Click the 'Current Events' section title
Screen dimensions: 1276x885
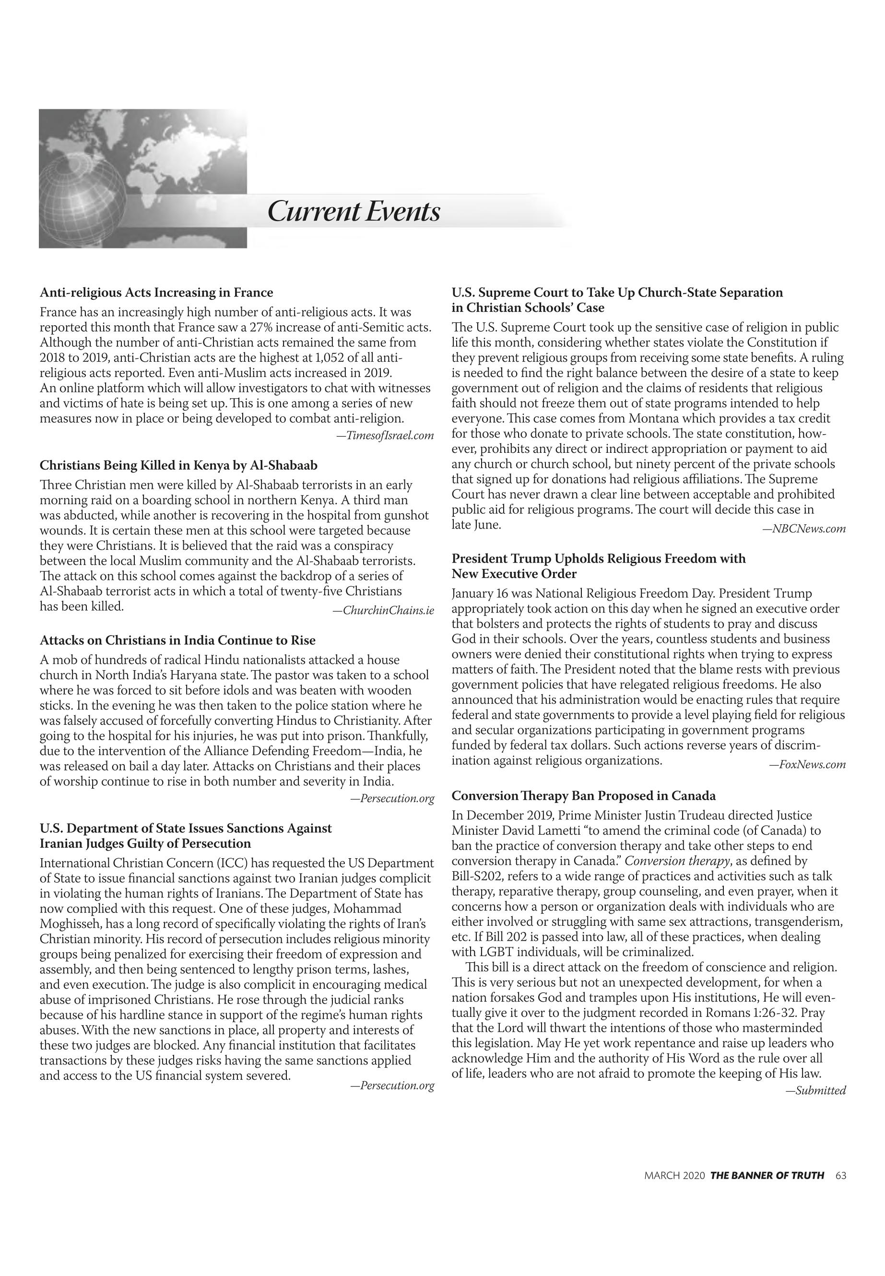tap(354, 211)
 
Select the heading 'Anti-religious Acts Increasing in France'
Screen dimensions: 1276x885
tap(156, 292)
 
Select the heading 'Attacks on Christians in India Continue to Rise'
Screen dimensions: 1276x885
tap(177, 640)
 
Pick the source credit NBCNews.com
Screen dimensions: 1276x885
tap(804, 529)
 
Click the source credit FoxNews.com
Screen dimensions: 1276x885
tap(807, 765)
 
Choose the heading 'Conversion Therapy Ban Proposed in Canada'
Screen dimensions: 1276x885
tap(583, 796)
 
